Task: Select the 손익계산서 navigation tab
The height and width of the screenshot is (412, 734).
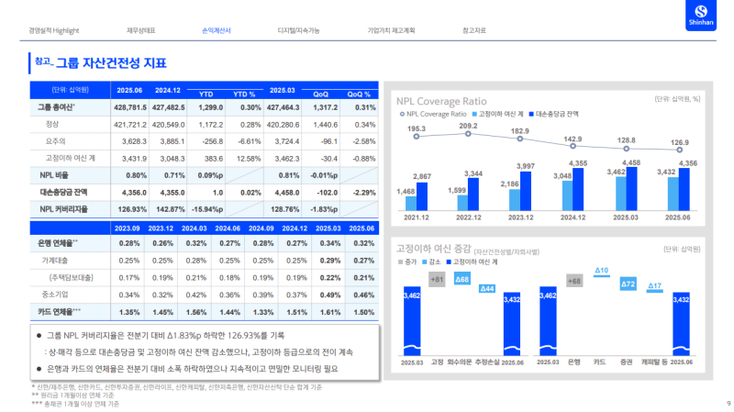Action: coord(217,30)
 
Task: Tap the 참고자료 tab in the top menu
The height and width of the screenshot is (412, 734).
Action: coord(475,30)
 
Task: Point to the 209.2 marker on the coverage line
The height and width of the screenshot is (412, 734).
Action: coord(468,133)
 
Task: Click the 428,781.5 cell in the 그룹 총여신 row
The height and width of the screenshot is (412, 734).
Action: coord(129,108)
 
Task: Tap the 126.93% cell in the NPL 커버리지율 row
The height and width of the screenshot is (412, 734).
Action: coord(129,208)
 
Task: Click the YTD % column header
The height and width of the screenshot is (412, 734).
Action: coord(244,94)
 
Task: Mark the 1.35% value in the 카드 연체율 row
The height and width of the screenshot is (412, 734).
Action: coord(129,312)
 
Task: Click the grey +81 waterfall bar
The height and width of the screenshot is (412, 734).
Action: coord(437,279)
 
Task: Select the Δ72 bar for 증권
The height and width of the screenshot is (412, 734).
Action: coord(628,284)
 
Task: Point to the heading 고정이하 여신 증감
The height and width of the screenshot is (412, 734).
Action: coord(433,249)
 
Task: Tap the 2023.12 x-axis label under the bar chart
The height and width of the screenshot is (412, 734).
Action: coord(521,217)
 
